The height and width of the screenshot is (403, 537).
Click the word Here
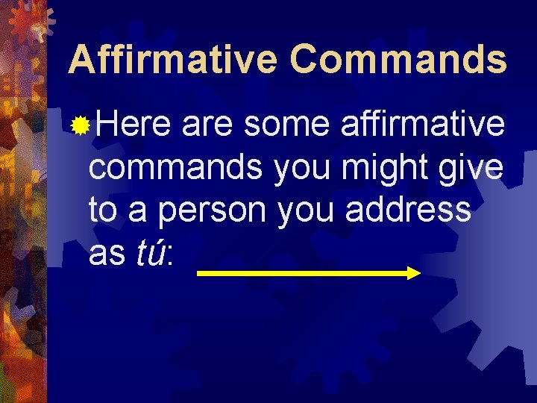click(133, 125)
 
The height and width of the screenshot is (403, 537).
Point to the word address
click(408, 211)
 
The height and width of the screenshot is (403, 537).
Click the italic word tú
click(149, 254)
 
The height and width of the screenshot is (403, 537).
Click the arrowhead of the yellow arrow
click(414, 274)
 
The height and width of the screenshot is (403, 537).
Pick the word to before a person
click(104, 211)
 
